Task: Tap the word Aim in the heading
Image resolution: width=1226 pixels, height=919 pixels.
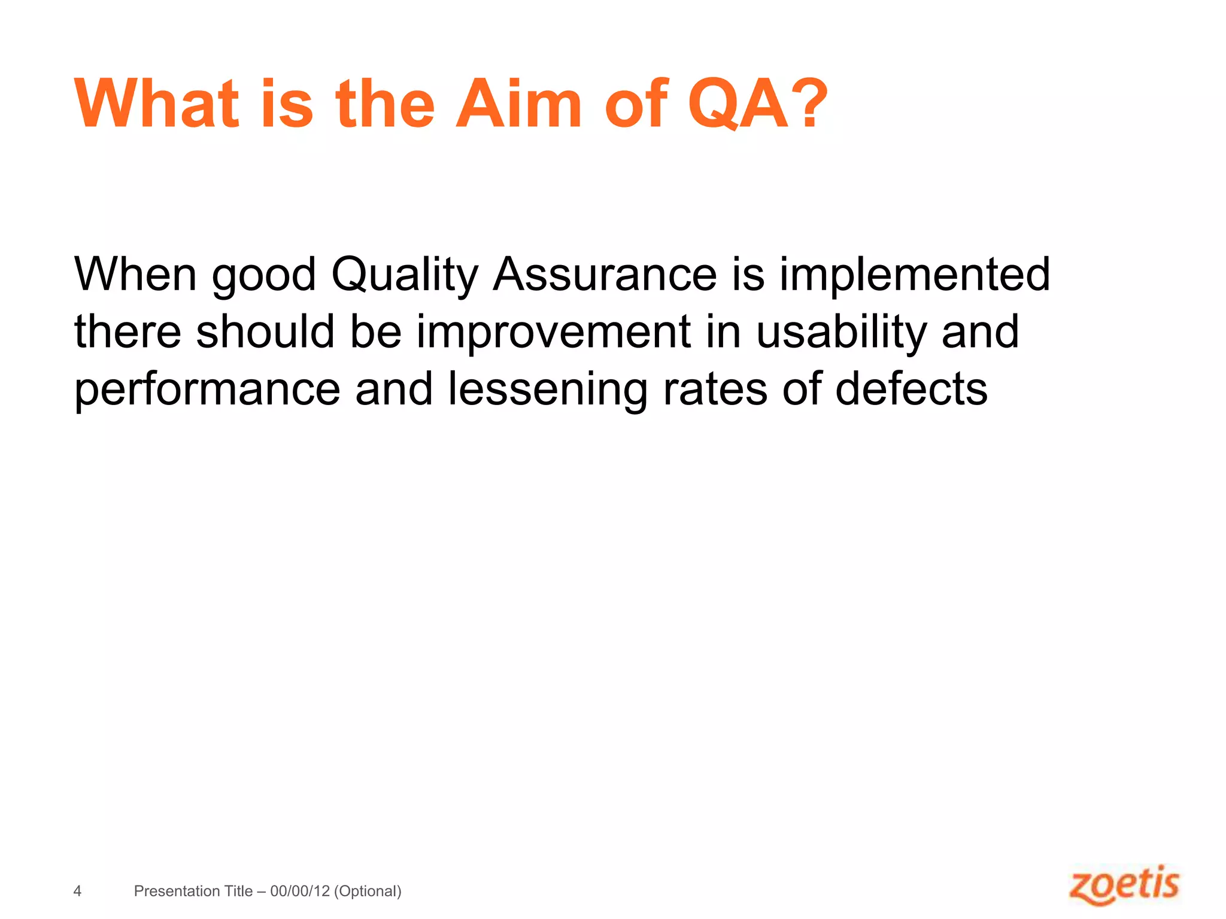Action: point(518,104)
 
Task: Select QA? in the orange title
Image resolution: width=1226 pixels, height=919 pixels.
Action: point(758,104)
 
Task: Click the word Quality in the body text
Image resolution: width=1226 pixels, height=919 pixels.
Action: point(405,275)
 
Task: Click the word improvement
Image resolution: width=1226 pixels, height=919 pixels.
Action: point(554,333)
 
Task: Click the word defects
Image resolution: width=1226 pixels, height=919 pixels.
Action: point(911,389)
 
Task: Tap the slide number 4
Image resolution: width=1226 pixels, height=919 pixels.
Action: point(77,891)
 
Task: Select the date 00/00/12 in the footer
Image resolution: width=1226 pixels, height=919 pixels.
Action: point(300,891)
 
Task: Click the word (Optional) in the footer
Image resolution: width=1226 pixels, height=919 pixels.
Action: point(368,891)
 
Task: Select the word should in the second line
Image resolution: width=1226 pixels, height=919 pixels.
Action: point(265,332)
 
